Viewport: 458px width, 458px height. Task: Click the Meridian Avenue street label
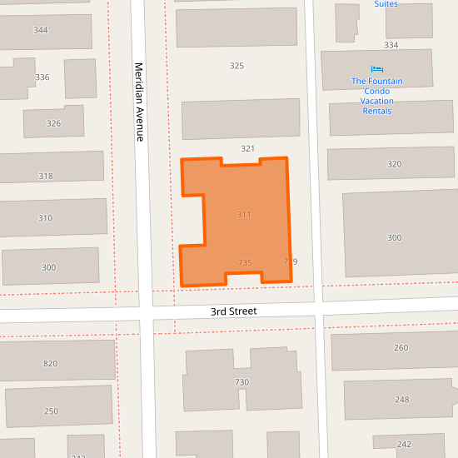[x=139, y=102]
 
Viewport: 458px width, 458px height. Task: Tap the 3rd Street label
[x=233, y=311]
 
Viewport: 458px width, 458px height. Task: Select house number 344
[x=41, y=30]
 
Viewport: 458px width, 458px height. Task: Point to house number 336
[x=42, y=77]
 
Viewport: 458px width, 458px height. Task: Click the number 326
[x=53, y=123]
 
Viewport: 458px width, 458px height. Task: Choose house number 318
[x=46, y=176]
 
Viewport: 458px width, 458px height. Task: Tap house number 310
[x=45, y=218]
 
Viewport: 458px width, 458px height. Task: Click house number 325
[x=236, y=65]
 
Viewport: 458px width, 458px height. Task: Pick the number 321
[x=247, y=148]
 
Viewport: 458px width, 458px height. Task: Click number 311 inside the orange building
[x=244, y=215]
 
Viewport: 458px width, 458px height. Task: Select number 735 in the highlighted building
[x=245, y=262]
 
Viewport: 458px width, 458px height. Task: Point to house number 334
[x=391, y=45]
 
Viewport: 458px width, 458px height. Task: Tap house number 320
[x=395, y=164]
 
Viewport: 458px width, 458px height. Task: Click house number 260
[x=401, y=347]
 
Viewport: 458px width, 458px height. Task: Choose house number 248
[x=402, y=400]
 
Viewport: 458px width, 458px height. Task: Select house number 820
[x=51, y=363]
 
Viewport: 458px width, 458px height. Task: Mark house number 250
[x=51, y=411]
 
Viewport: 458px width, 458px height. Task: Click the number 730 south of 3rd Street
[x=242, y=382]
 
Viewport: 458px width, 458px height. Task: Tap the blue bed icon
[x=377, y=69]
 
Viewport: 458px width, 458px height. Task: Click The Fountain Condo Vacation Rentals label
[x=377, y=96]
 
